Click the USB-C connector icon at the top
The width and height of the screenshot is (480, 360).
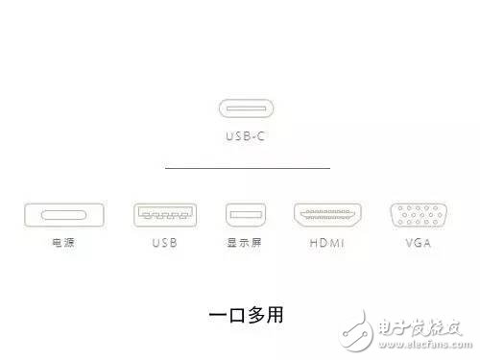click(246, 110)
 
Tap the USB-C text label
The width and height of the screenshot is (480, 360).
click(246, 137)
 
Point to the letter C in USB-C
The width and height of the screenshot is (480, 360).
click(260, 137)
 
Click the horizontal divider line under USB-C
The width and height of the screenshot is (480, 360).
click(247, 168)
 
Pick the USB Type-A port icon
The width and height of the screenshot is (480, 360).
click(165, 215)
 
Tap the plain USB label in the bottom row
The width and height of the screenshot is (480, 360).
click(165, 243)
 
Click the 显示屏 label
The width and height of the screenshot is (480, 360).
click(243, 243)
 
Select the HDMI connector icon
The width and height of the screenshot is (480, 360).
click(326, 215)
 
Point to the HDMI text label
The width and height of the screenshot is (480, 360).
click(326, 243)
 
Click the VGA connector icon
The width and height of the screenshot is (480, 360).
click(411, 215)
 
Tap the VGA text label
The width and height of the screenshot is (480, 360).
click(411, 243)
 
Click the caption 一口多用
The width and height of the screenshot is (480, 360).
click(246, 314)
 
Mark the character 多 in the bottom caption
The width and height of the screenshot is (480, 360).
click(255, 314)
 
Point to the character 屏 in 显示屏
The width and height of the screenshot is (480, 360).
click(256, 243)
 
